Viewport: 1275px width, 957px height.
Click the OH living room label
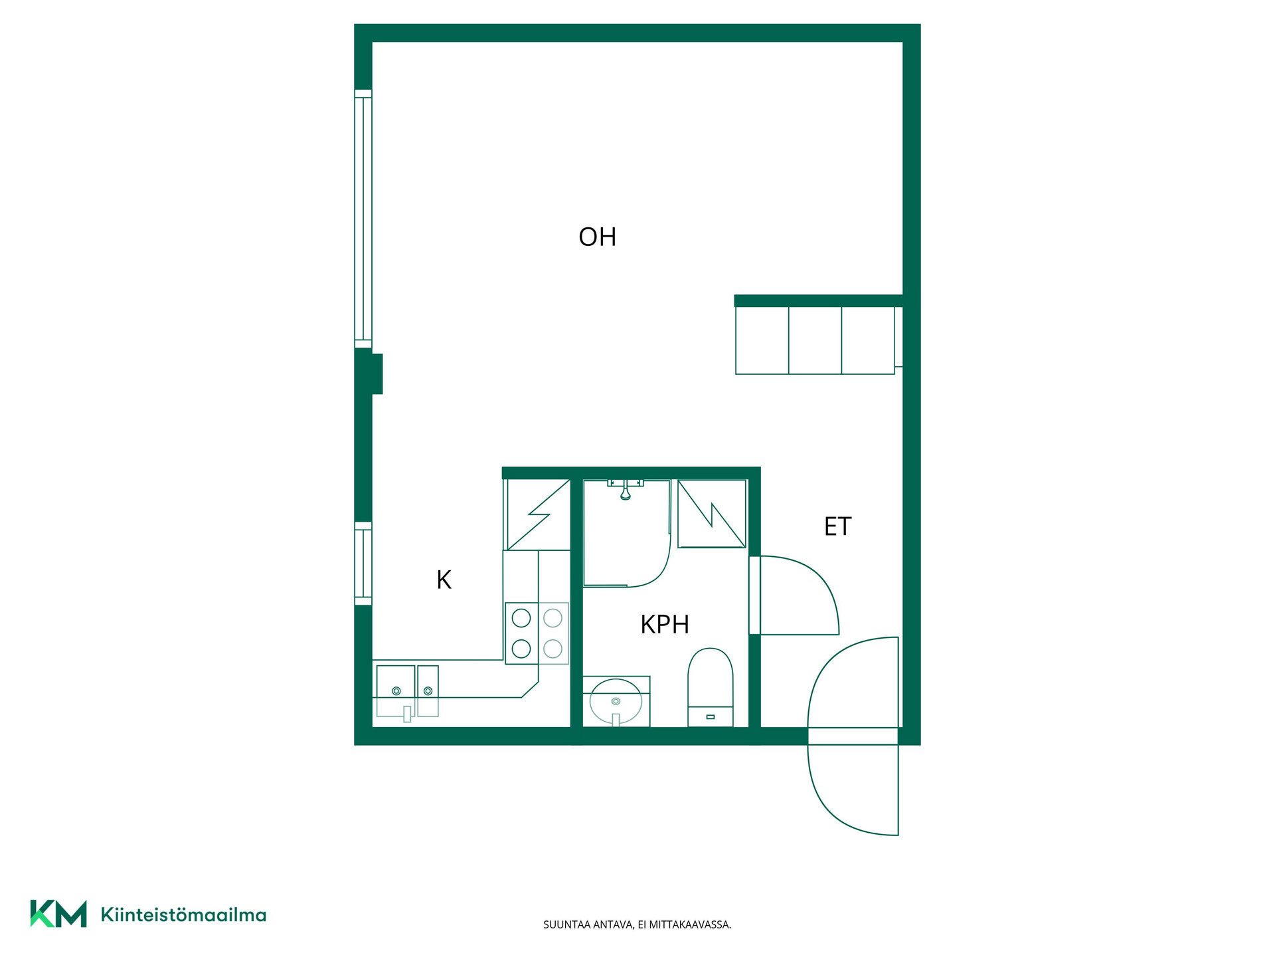pos(597,237)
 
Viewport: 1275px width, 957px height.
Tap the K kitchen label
pos(444,580)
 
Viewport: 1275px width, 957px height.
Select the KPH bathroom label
pos(664,624)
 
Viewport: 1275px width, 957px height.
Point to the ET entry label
pos(837,526)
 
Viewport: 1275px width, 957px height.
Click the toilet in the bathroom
pos(710,687)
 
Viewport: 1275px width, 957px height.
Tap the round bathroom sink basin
pos(616,701)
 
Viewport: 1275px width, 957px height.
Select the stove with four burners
pos(537,633)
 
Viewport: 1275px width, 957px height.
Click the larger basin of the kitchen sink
pos(396,691)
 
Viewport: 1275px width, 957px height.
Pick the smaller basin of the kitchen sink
pos(428,691)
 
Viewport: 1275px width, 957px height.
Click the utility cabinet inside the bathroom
pos(711,514)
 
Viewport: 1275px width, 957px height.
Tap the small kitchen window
pos(363,564)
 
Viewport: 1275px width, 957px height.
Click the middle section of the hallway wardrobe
pos(815,340)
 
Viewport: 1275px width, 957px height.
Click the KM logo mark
pos(58,914)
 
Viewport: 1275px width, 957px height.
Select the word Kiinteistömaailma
pos(183,914)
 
